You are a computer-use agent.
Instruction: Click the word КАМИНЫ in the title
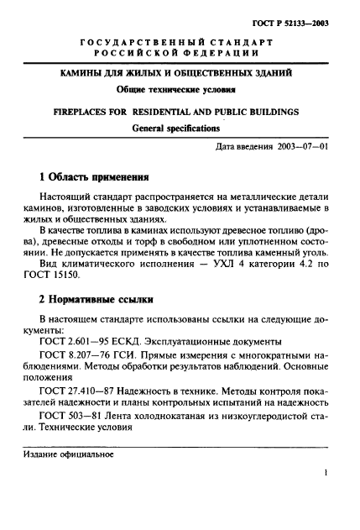pyautogui.click(x=89, y=75)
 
